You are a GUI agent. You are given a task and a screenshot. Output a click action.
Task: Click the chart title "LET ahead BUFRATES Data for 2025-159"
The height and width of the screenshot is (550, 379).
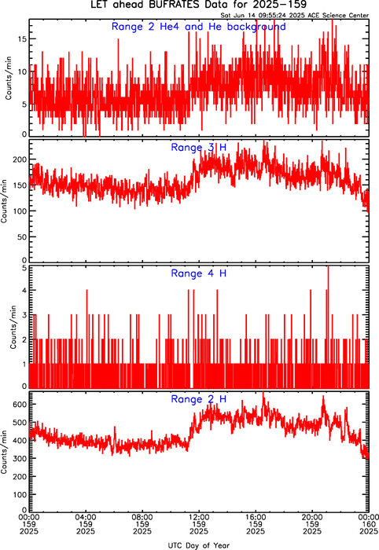click(199, 5)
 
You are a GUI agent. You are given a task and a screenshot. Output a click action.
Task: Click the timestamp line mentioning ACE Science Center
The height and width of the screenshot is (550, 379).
click(295, 16)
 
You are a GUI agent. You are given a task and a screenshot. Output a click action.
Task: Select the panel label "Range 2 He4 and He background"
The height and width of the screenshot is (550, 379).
click(199, 27)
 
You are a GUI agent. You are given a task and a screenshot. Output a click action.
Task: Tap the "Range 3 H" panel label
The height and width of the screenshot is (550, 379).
click(199, 148)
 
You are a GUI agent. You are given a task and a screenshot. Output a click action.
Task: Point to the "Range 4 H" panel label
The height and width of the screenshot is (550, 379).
click(199, 273)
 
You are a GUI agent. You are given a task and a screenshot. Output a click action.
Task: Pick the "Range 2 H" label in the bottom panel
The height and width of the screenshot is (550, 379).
click(199, 399)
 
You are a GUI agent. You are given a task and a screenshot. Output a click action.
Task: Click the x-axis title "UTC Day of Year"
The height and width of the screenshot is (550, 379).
click(199, 545)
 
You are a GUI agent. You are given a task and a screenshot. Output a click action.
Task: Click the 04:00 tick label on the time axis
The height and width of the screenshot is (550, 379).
click(86, 517)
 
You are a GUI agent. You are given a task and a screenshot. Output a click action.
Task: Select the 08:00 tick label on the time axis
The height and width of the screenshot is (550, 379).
click(142, 517)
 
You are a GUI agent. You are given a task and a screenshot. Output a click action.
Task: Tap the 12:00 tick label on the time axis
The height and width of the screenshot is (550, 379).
click(199, 517)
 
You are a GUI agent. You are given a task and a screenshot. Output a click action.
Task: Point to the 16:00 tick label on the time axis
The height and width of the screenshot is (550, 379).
click(256, 517)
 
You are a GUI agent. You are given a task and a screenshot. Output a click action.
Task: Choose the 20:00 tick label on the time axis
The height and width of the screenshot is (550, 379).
click(312, 517)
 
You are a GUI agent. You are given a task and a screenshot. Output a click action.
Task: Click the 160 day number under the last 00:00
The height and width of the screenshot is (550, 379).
click(369, 524)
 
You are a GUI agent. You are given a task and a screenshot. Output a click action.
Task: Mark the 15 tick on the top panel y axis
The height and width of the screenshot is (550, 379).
click(22, 39)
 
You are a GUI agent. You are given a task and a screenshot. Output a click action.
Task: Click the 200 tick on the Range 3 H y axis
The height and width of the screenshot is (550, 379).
click(20, 159)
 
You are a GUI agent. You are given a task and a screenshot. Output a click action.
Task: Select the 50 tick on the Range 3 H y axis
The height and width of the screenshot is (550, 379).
click(22, 237)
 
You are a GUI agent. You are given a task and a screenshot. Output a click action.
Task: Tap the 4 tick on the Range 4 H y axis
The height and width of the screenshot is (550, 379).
click(24, 291)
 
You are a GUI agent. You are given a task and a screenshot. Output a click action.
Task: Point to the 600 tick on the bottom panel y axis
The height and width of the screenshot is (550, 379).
click(20, 405)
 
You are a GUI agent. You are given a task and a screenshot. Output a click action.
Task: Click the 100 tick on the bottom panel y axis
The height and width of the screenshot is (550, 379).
click(20, 494)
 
